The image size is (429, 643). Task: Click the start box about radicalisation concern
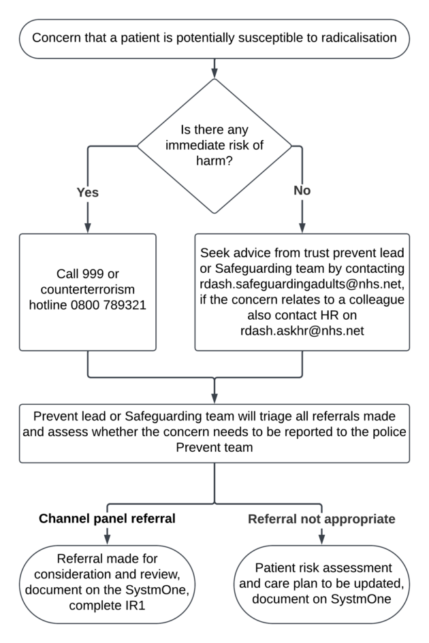pyautogui.click(x=214, y=39)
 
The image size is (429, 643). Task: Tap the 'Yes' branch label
pyautogui.click(x=87, y=192)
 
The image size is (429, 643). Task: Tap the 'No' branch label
pyautogui.click(x=302, y=191)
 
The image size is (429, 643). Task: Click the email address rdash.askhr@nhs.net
pyautogui.click(x=302, y=331)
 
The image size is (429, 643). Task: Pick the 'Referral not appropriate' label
pyautogui.click(x=321, y=519)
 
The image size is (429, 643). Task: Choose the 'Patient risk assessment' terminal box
pyautogui.click(x=323, y=583)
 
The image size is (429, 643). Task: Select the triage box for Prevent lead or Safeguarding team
pyautogui.click(x=214, y=431)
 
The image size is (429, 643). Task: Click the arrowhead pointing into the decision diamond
pyautogui.click(x=214, y=71)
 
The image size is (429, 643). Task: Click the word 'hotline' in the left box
pyautogui.click(x=48, y=305)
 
